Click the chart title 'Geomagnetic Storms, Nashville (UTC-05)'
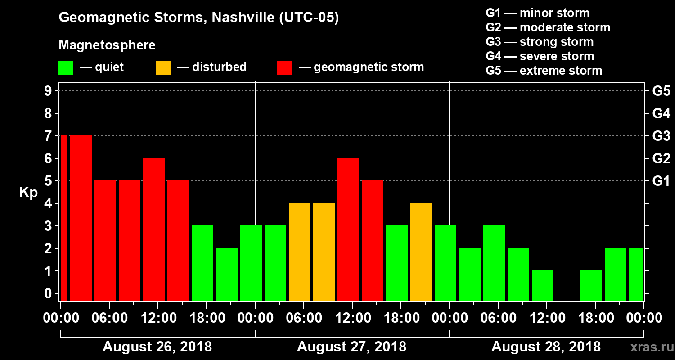198,18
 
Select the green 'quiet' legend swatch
66,68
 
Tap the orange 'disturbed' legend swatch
163,68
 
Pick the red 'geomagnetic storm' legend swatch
284,68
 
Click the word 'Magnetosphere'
107,45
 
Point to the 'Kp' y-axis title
28,193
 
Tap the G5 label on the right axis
661,91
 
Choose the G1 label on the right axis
661,181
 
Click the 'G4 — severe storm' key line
540,57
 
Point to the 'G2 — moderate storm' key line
548,28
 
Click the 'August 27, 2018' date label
351,347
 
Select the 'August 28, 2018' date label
546,347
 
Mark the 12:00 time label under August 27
352,318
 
